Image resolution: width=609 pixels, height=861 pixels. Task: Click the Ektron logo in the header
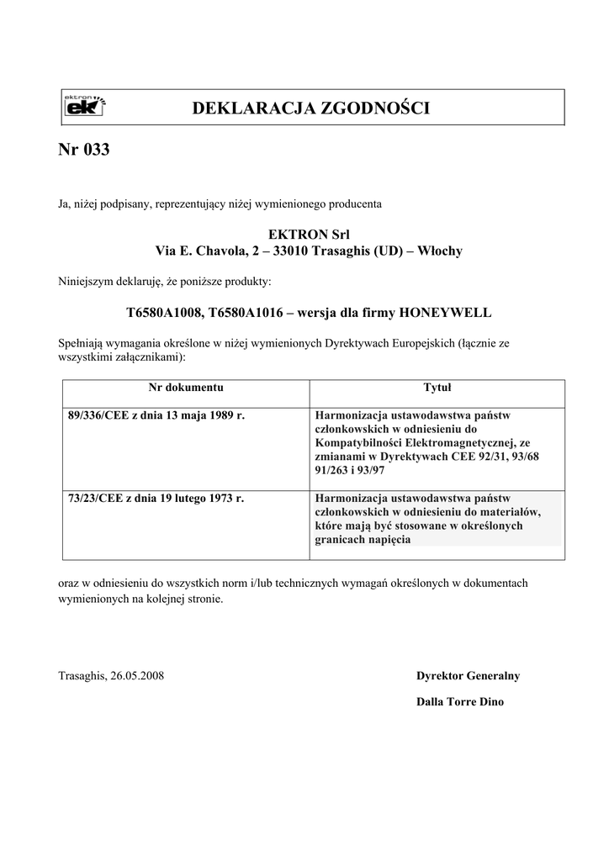pos(85,107)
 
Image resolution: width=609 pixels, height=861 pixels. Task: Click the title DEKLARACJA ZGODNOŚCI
pos(311,108)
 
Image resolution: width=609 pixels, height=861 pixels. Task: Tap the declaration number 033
pos(98,151)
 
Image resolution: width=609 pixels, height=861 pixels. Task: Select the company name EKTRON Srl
pos(309,234)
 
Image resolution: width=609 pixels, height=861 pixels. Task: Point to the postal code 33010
pos(292,251)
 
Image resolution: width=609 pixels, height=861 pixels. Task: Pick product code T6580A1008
pos(164,313)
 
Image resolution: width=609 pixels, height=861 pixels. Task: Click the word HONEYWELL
pos(445,313)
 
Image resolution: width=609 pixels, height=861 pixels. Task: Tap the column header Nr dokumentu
pos(186,388)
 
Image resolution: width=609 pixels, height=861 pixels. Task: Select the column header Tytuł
pos(437,388)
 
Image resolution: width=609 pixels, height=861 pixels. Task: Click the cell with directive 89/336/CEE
pos(155,415)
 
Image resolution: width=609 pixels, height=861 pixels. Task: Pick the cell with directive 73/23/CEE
pos(155,499)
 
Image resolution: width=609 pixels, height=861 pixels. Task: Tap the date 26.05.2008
pos(139,676)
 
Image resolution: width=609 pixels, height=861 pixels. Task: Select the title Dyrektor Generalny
pos(468,676)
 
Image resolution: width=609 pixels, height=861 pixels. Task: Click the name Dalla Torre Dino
pos(460,702)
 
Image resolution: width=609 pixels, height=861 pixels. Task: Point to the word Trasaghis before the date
pos(82,676)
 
